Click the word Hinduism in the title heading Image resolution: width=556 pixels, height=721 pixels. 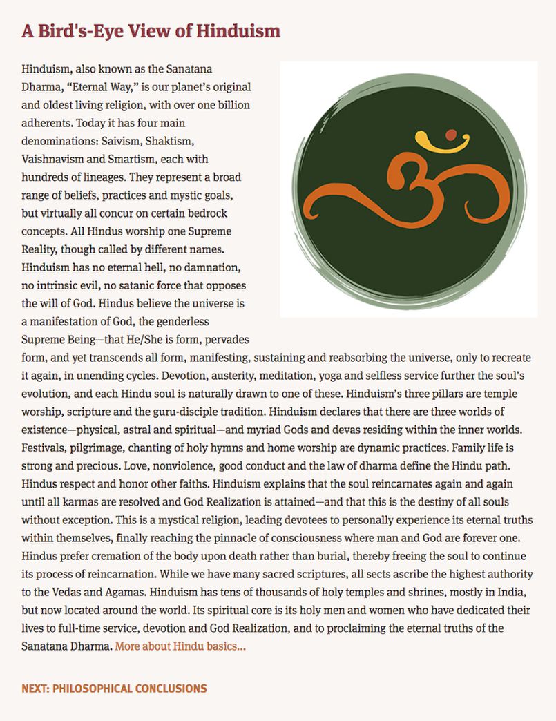point(238,31)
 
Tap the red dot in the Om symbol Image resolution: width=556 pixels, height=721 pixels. point(452,134)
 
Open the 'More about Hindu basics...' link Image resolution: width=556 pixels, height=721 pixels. point(180,646)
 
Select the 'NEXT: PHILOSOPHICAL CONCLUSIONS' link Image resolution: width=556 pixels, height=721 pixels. point(114,689)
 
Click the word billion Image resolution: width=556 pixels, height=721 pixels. point(233,106)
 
